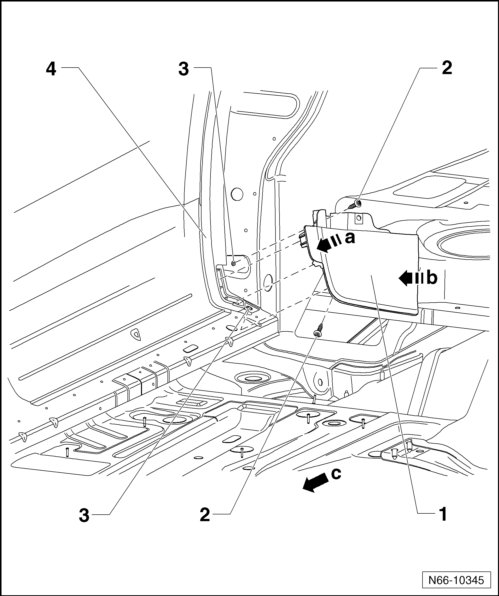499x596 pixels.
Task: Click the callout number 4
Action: (51, 69)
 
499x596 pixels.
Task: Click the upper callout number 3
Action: (184, 69)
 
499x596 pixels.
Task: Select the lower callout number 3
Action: (84, 515)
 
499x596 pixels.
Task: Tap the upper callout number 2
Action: (447, 68)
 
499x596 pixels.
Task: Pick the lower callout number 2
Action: (205, 515)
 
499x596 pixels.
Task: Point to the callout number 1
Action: (443, 515)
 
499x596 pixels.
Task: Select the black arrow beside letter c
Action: (315, 483)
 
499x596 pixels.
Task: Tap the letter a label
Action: (350, 238)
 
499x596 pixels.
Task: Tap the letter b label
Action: (432, 278)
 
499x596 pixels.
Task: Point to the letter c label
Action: (336, 474)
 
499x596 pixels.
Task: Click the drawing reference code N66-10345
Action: (456, 580)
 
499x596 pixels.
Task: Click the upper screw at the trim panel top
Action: (355, 204)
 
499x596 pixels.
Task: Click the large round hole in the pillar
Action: (237, 194)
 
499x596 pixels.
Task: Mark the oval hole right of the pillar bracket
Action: (268, 283)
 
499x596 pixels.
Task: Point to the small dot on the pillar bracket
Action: (233, 263)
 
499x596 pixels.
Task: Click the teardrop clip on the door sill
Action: (136, 334)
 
